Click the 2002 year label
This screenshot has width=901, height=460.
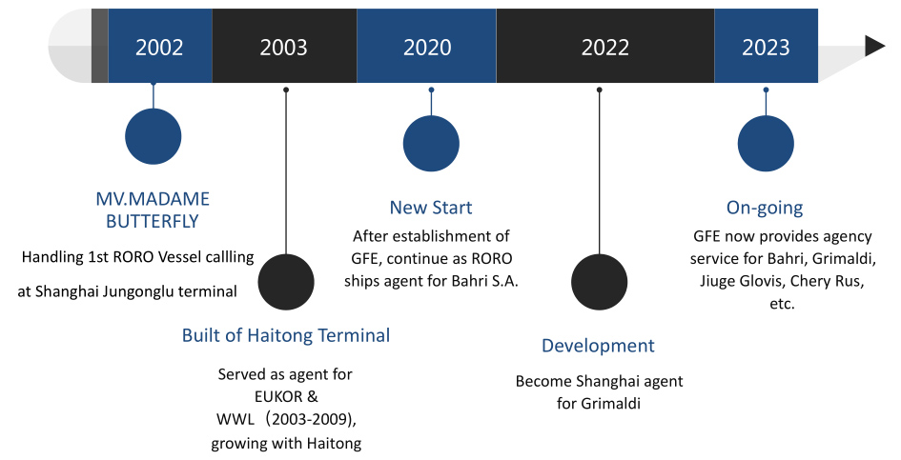(159, 47)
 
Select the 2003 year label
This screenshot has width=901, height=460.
(283, 47)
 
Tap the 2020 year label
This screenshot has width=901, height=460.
(427, 47)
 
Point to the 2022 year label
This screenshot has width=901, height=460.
(605, 47)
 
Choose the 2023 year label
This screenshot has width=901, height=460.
(766, 47)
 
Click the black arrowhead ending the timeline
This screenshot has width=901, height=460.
(874, 46)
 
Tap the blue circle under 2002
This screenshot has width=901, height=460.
(154, 137)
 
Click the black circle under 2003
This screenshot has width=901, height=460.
(286, 282)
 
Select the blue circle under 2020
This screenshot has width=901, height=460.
(431, 144)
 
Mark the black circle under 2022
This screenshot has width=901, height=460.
(600, 282)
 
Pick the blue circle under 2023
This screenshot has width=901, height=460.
(766, 144)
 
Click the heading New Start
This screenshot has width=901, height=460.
(431, 208)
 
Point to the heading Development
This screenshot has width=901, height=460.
(598, 346)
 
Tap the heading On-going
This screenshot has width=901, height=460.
(765, 208)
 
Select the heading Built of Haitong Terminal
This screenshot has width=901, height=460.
(286, 335)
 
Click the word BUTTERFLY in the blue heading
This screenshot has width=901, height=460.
(153, 222)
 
